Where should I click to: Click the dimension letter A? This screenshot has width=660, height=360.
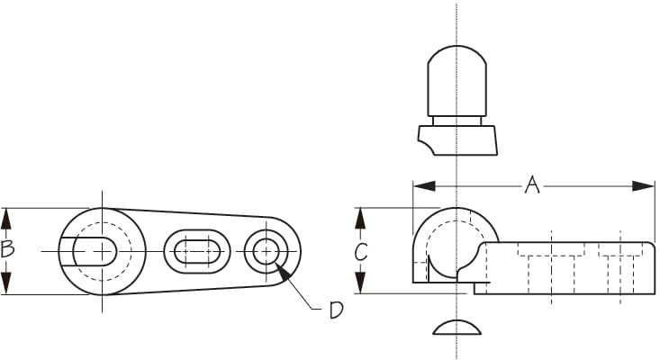click(x=532, y=185)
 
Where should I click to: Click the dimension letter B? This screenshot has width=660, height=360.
click(x=7, y=249)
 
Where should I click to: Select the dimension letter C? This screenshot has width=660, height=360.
click(x=361, y=252)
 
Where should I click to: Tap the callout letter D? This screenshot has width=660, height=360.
click(x=336, y=310)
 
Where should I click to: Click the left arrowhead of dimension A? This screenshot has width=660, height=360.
click(x=424, y=186)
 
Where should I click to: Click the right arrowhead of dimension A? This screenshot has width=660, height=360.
click(x=644, y=186)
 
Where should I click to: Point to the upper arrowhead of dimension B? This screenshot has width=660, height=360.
click(x=6, y=219)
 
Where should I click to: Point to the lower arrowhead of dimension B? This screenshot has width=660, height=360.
click(x=6, y=283)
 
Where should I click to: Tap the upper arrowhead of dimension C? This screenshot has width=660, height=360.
click(x=360, y=219)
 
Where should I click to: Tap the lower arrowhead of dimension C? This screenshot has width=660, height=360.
click(x=360, y=283)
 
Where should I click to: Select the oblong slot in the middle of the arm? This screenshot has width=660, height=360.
click(x=197, y=251)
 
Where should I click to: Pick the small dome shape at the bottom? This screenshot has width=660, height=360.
click(x=457, y=328)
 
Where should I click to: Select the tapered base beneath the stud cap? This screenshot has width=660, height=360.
click(x=458, y=140)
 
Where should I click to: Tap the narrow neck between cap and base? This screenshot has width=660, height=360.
click(x=457, y=121)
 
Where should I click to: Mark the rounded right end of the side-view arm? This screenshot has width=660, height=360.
click(x=652, y=268)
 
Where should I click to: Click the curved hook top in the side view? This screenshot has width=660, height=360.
click(x=457, y=208)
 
